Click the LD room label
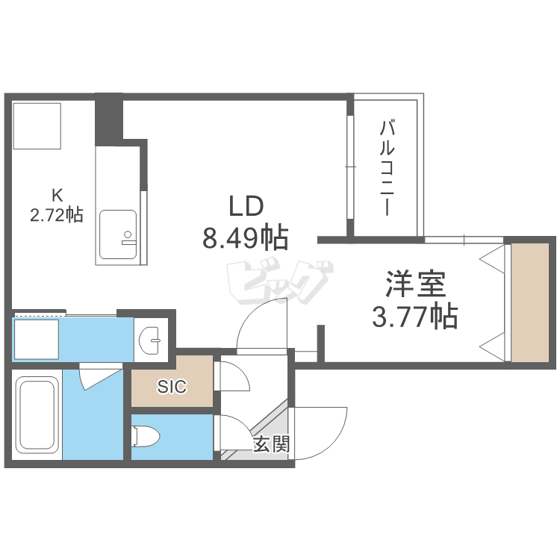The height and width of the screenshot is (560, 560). pyautogui.click(x=246, y=206)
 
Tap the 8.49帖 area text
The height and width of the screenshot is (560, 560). pyautogui.click(x=246, y=237)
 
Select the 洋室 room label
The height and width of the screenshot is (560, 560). pyautogui.click(x=415, y=284)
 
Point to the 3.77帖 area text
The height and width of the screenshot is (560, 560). pyautogui.click(x=415, y=316)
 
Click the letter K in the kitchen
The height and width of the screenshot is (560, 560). pyautogui.click(x=57, y=196)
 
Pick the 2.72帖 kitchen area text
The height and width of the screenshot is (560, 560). pyautogui.click(x=57, y=215)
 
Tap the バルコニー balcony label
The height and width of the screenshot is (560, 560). pyautogui.click(x=387, y=168)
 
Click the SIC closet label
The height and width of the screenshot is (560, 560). pyautogui.click(x=172, y=387)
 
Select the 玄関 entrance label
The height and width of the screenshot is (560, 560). pyautogui.click(x=272, y=444)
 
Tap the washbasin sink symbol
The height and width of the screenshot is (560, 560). pyautogui.click(x=150, y=340)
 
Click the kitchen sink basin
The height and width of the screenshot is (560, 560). pyautogui.click(x=118, y=234)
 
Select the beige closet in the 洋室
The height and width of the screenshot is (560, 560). pyautogui.click(x=530, y=302)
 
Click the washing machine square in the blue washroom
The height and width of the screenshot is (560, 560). pyautogui.click(x=37, y=339)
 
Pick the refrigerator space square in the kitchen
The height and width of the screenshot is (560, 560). pyautogui.click(x=37, y=125)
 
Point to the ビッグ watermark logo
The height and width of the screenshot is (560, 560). pyautogui.click(x=279, y=282)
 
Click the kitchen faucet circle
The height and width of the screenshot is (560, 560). pyautogui.click(x=128, y=234)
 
